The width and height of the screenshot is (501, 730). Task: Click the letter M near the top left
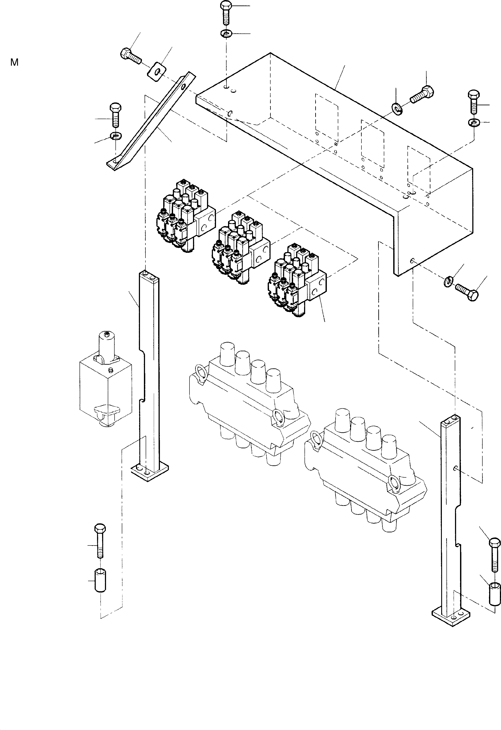point(14,63)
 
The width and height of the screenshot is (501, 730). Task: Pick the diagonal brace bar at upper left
point(151,123)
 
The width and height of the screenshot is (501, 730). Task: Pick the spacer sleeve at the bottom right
point(495,593)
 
